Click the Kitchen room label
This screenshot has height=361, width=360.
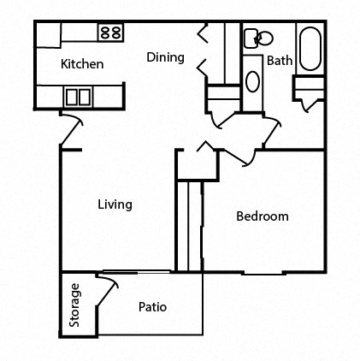click(x=83, y=64)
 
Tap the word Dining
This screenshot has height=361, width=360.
click(x=165, y=57)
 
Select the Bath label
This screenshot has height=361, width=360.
click(x=279, y=61)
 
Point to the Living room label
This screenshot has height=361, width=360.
click(x=115, y=204)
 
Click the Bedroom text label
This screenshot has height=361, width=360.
click(x=262, y=216)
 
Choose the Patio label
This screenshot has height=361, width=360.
click(x=151, y=307)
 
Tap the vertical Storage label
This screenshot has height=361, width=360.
click(x=75, y=305)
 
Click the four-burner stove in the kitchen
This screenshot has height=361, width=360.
click(x=109, y=33)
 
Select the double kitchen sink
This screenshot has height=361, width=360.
click(x=79, y=96)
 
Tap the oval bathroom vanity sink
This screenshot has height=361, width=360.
click(x=253, y=82)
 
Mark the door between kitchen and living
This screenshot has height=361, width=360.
click(x=70, y=130)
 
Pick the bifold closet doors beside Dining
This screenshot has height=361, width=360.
click(x=204, y=50)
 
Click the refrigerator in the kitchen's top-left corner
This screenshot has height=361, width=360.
click(x=48, y=35)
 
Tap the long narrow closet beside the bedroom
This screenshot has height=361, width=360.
click(x=188, y=224)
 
